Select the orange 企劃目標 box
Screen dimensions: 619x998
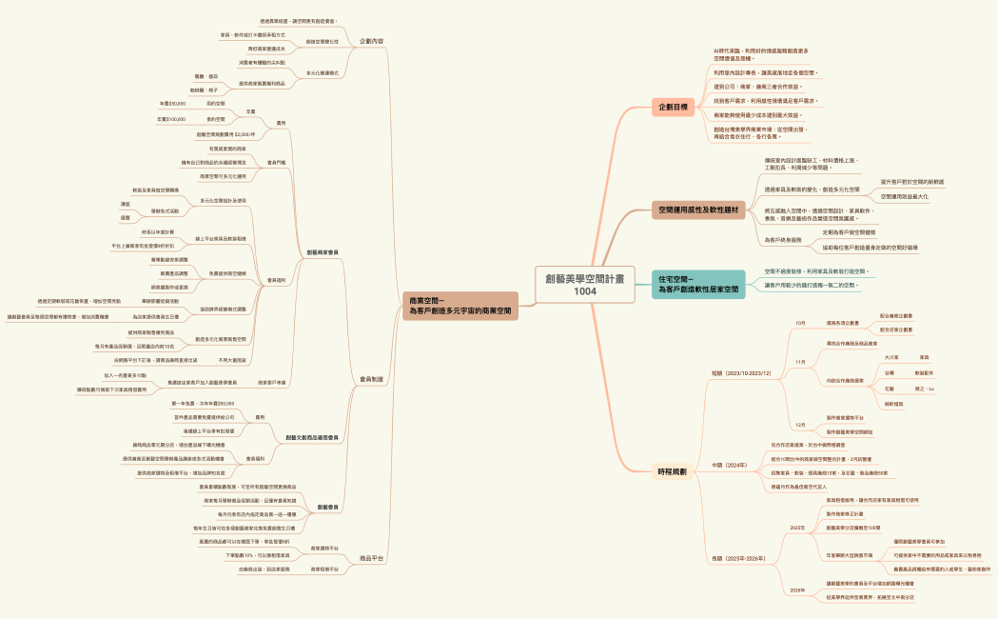pos(674,108)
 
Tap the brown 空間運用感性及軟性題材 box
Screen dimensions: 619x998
pos(698,208)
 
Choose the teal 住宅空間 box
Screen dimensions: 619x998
pos(698,283)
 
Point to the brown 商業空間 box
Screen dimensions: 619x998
pos(460,306)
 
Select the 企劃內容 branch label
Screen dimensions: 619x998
pos(372,42)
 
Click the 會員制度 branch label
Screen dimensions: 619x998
pos(372,379)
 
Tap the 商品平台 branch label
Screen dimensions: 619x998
pos(372,558)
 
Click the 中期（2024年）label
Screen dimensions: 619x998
pos(729,465)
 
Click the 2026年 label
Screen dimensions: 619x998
pos(797,590)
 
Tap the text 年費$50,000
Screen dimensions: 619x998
pos(172,103)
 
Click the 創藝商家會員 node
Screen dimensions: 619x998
pos(323,251)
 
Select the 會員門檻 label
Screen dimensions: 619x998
pos(277,162)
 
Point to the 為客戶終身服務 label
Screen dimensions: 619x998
pos(784,240)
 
